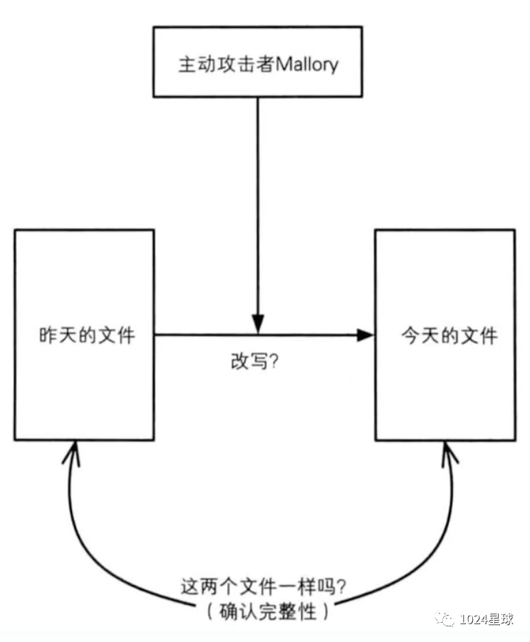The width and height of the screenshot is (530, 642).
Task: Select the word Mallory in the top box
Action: [x=306, y=64]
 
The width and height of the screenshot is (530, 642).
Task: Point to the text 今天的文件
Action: [x=450, y=335]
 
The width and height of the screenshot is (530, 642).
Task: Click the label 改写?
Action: [x=254, y=361]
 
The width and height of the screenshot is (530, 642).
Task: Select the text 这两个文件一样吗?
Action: [x=264, y=588]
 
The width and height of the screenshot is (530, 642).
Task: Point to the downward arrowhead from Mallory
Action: [x=258, y=324]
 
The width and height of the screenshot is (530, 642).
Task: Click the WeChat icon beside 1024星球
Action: [x=447, y=619]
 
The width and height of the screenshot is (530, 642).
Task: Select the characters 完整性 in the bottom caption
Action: [x=292, y=611]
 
